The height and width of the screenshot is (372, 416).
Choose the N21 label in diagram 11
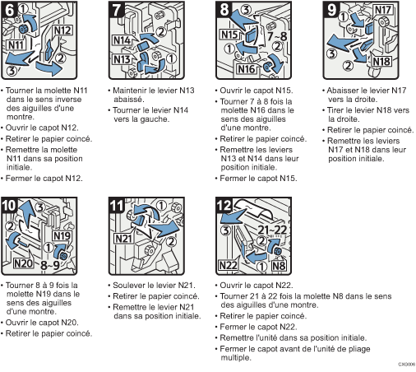point(123,239)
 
